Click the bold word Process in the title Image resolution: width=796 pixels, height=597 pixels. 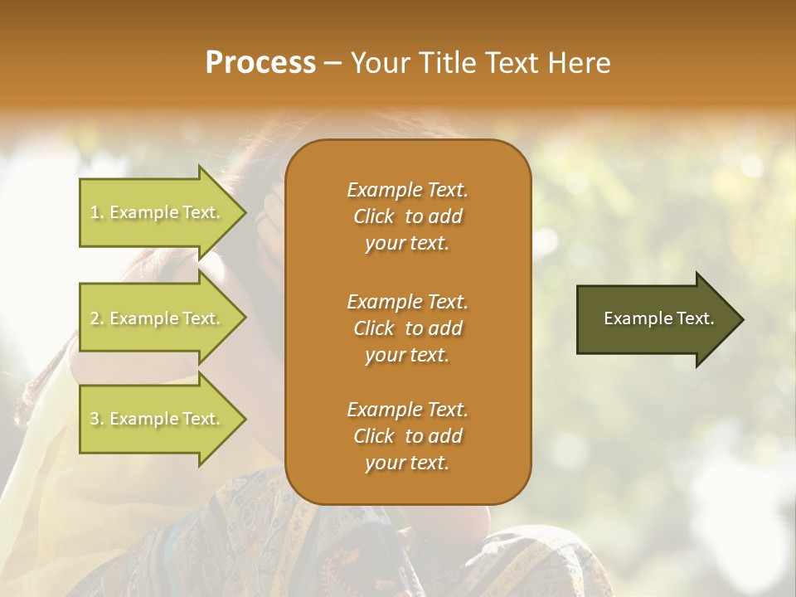pyautogui.click(x=260, y=63)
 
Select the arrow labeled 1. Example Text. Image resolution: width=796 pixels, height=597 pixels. pyautogui.click(x=162, y=212)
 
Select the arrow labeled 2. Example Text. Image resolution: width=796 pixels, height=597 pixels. pyautogui.click(x=162, y=318)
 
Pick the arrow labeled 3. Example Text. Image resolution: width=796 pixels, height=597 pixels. pyautogui.click(x=162, y=419)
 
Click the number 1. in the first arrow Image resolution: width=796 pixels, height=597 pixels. pyautogui.click(x=97, y=212)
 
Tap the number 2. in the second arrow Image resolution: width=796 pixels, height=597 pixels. pyautogui.click(x=97, y=318)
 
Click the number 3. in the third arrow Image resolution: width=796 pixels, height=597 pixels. pyautogui.click(x=97, y=419)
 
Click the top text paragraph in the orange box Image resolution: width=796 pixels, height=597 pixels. pyautogui.click(x=407, y=216)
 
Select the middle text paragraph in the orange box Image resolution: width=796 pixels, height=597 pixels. pyautogui.click(x=407, y=328)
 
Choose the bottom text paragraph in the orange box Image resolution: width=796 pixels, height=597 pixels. pyautogui.click(x=407, y=436)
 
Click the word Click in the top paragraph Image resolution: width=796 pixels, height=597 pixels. pyautogui.click(x=374, y=216)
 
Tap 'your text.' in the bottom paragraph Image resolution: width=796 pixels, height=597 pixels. pyautogui.click(x=407, y=463)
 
